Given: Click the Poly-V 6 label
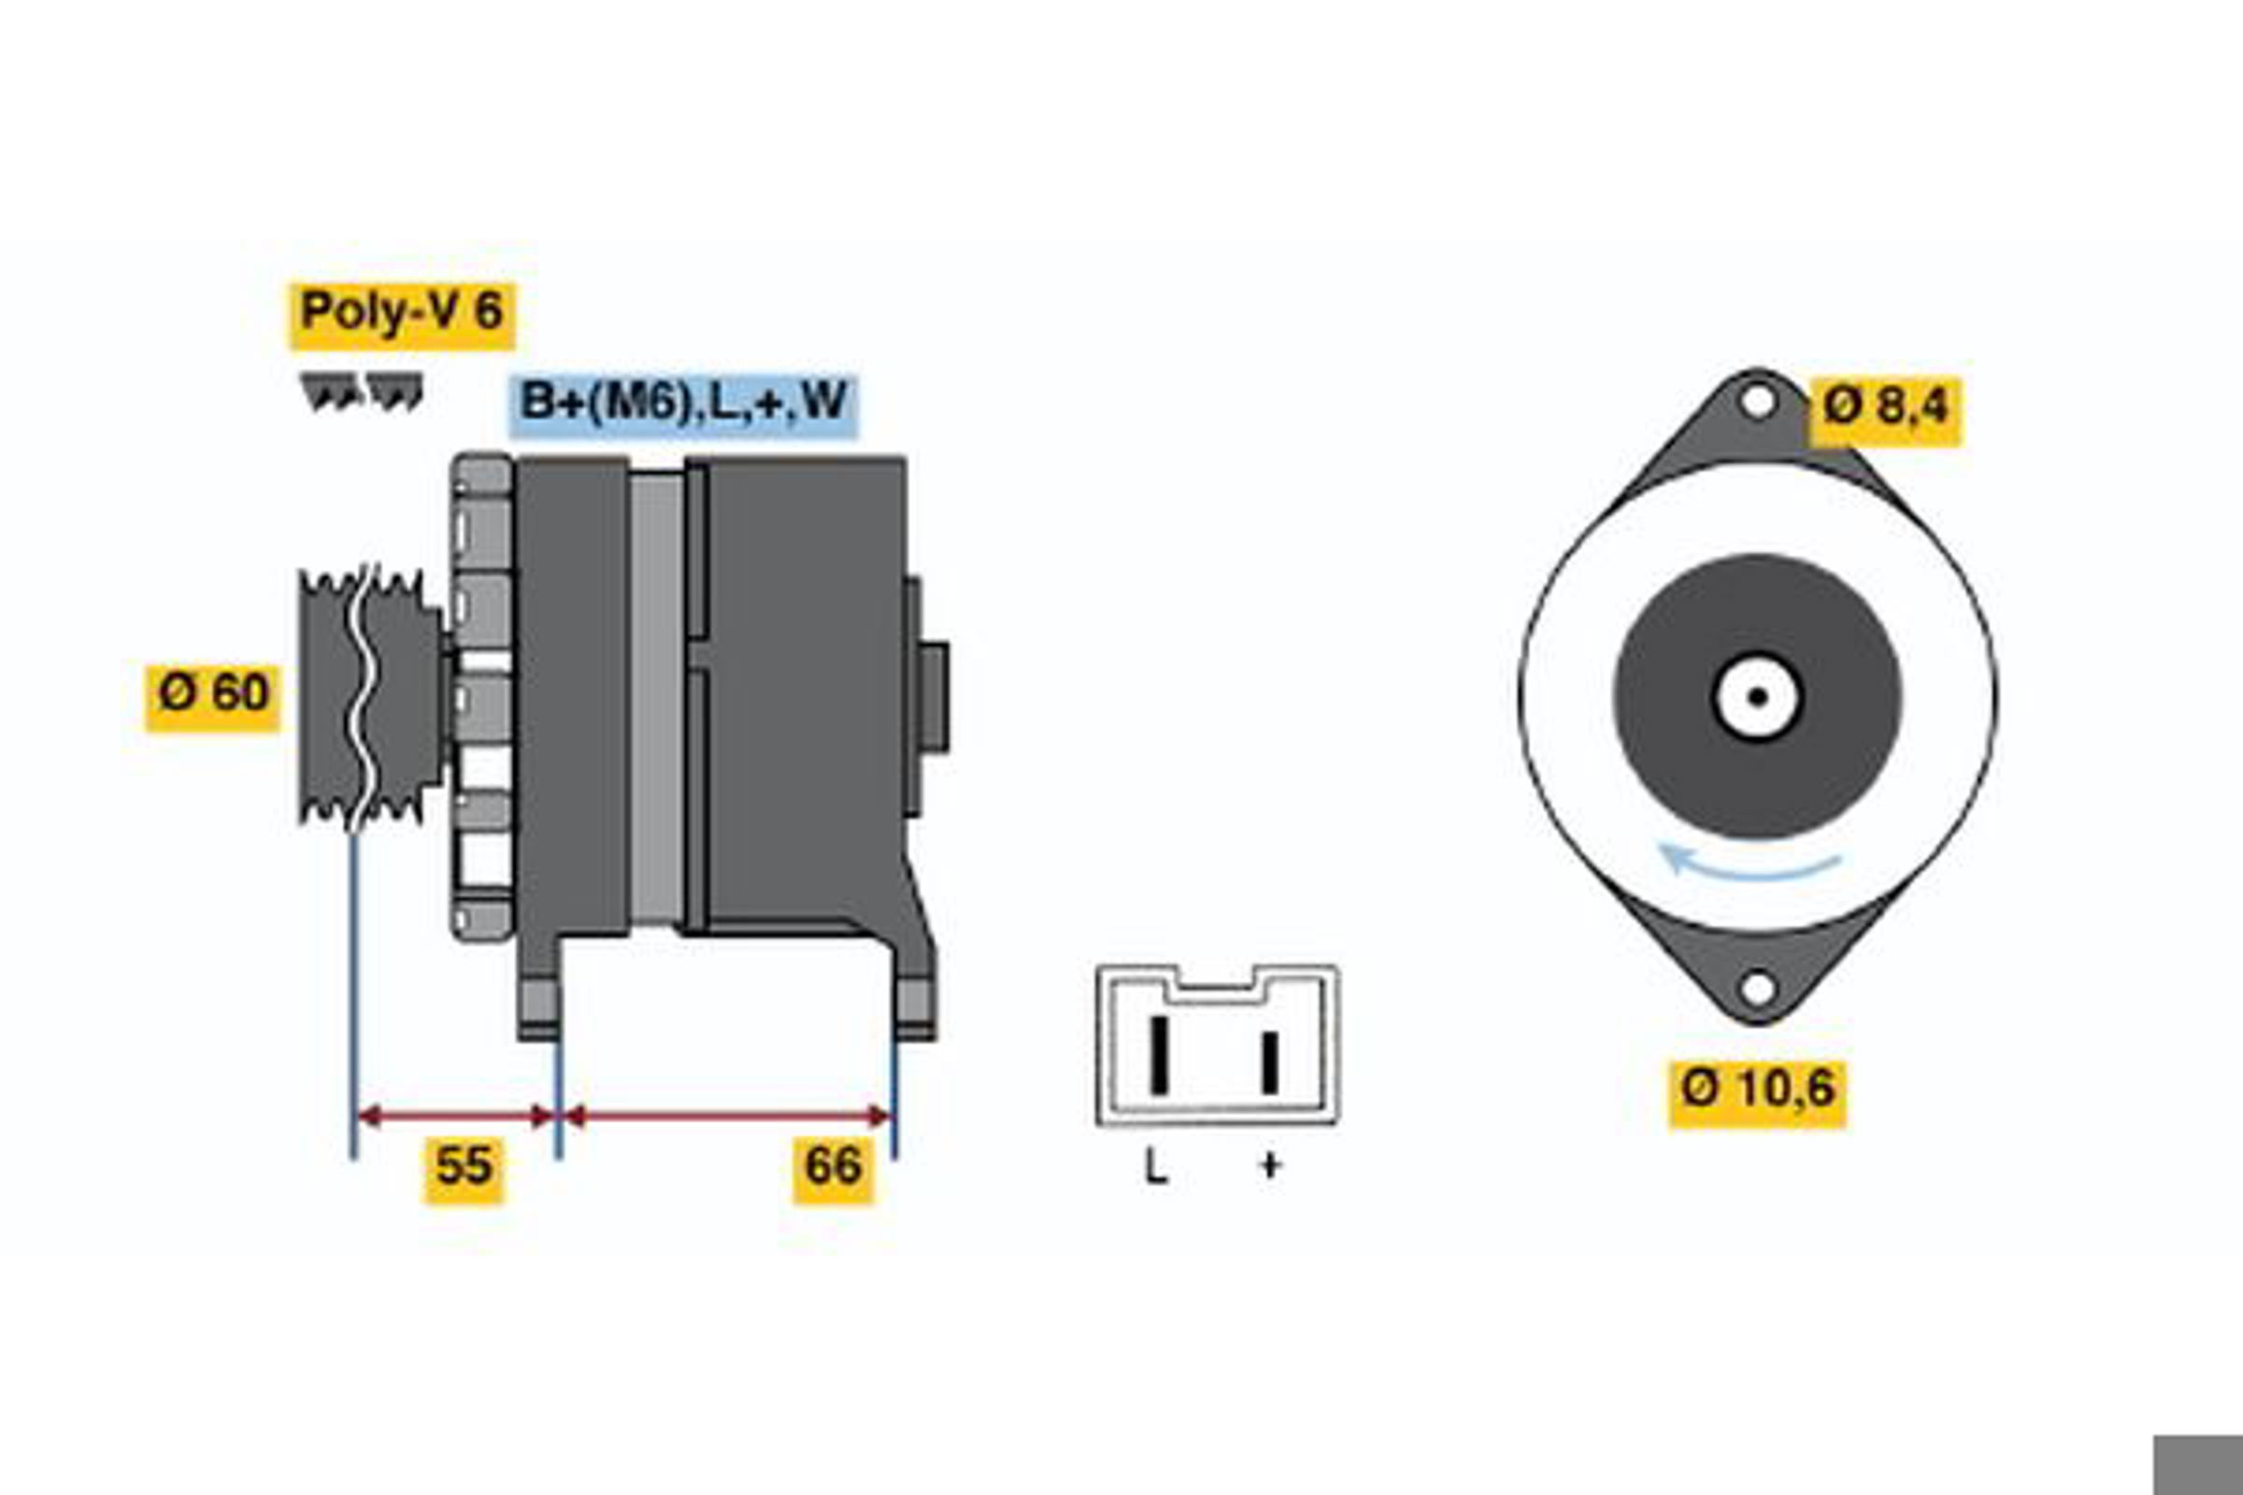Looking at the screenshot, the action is coord(403,314).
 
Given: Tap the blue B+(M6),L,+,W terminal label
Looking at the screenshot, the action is coord(683,406).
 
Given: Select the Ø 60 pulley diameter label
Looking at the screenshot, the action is coord(213,698).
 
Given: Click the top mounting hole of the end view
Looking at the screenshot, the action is coord(1758,401).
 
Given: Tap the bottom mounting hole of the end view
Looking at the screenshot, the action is coord(1758,988).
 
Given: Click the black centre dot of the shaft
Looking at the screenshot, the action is coord(1758,697).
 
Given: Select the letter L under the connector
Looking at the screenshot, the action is coord(1156,1167).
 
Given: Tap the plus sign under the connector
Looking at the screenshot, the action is coord(1269,1165).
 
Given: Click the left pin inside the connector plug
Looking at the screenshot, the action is coord(1160,1056).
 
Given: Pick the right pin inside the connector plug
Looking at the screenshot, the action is coord(1269,1062).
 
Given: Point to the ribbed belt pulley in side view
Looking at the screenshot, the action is coord(371,697).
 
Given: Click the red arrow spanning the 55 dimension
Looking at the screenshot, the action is coord(456,1116).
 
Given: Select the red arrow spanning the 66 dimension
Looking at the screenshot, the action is coord(727,1116).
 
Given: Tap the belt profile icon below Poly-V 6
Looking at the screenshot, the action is coord(363,392).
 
